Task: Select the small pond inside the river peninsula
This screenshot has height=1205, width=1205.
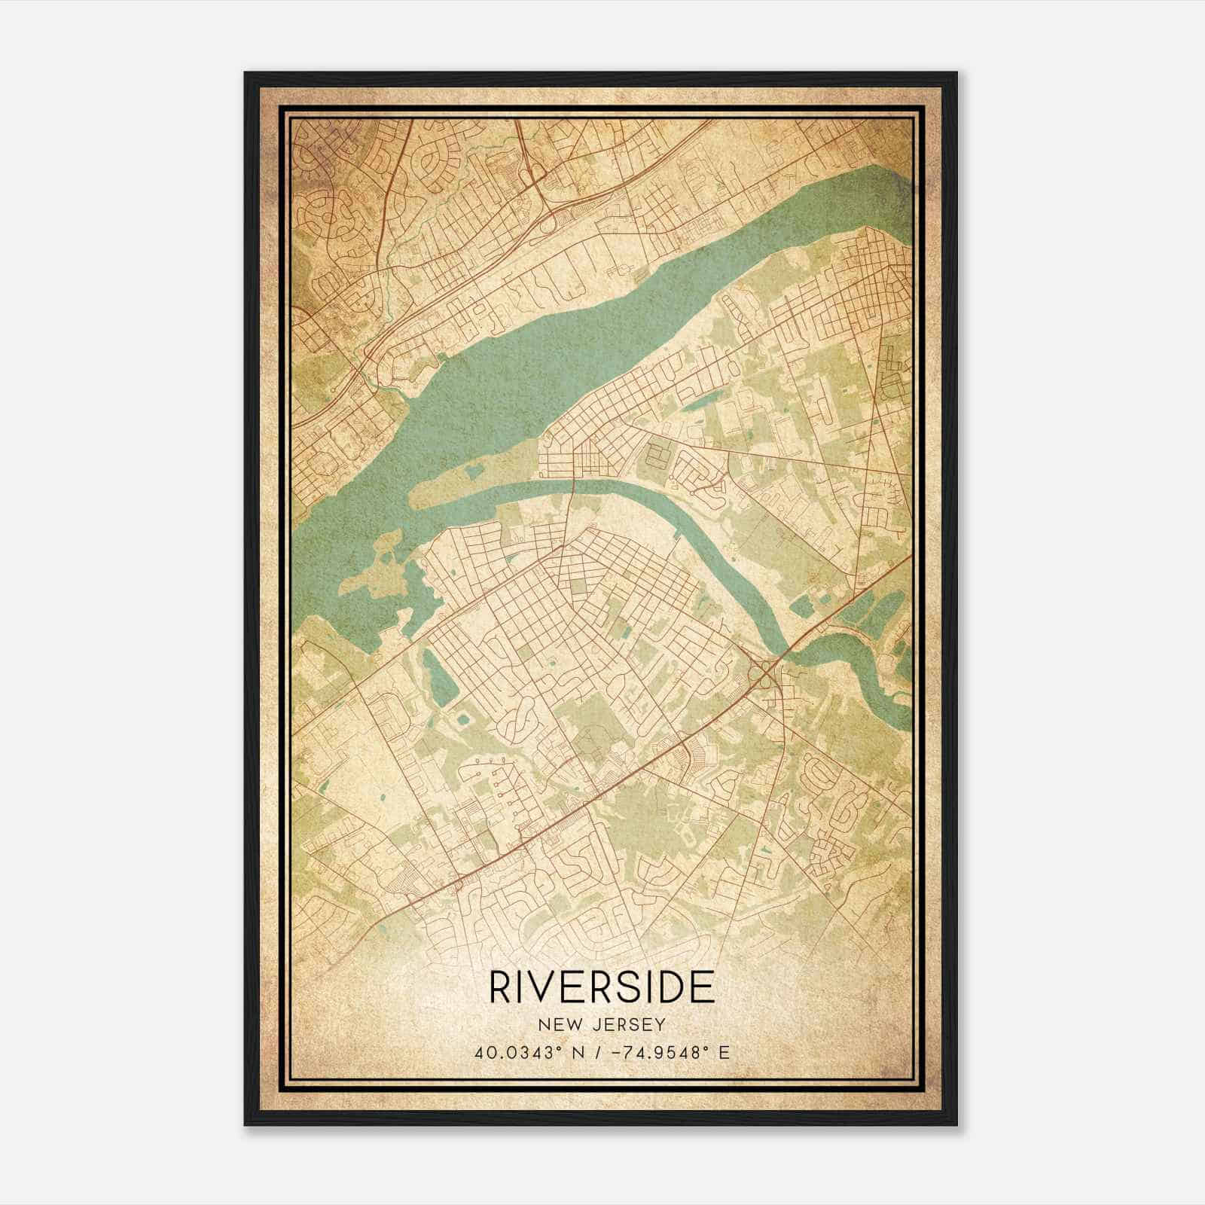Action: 474,473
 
